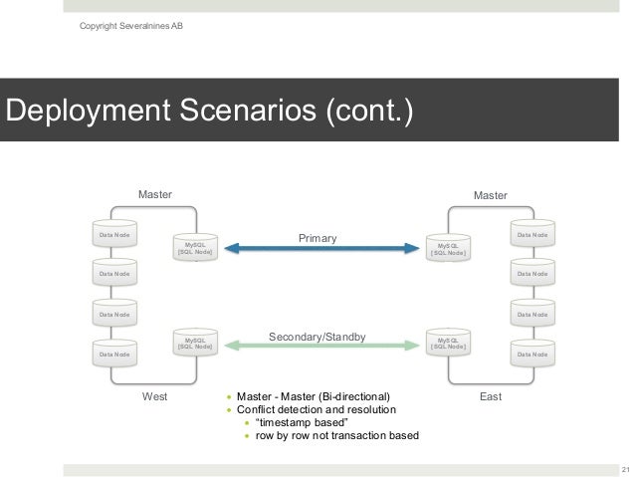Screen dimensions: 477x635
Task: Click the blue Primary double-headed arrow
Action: click(319, 248)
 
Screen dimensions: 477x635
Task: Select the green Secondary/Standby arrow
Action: click(319, 345)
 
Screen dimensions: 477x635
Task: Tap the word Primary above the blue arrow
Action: click(319, 238)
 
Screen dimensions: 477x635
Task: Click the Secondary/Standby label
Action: click(319, 336)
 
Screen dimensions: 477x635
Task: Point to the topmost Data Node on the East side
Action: click(531, 235)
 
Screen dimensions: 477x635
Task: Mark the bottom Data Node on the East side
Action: click(531, 354)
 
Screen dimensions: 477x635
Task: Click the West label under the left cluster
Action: click(154, 396)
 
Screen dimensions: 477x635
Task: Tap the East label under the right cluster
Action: click(491, 396)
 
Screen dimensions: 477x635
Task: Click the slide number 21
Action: click(625, 470)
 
